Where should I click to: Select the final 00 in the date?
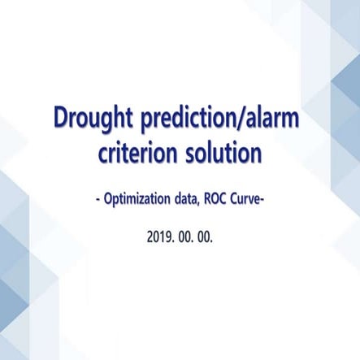tap(204, 240)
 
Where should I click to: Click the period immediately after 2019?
tap(172, 243)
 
